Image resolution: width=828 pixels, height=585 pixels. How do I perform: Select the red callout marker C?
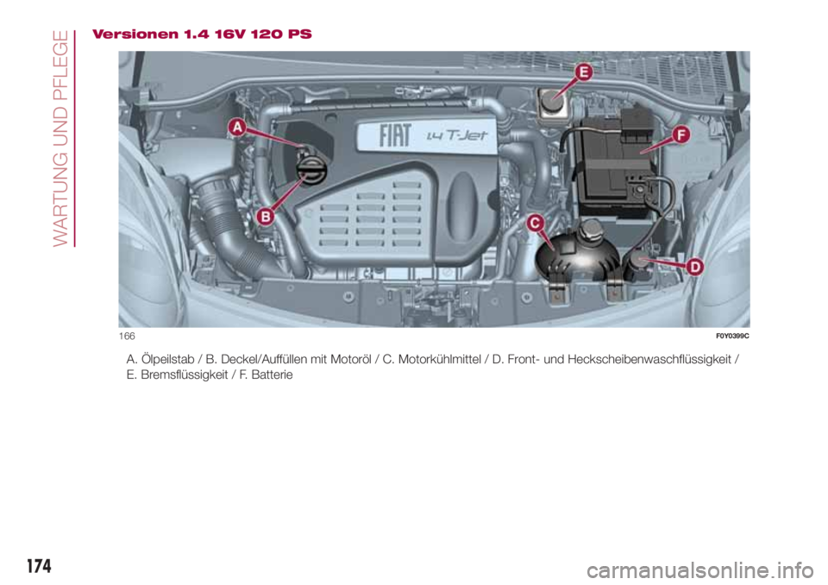[x=535, y=224]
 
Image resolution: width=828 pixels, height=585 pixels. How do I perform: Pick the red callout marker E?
[x=583, y=73]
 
